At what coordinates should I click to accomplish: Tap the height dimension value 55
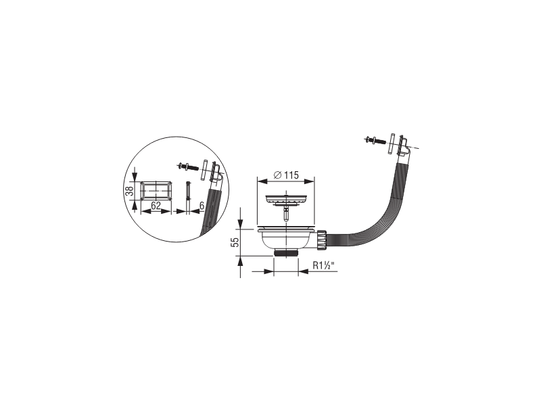[x=235, y=242]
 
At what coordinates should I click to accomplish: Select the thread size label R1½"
[x=324, y=265]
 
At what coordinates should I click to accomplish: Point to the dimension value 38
[x=129, y=191]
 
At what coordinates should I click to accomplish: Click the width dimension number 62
[x=156, y=206]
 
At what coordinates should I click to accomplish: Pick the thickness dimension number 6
[x=202, y=206]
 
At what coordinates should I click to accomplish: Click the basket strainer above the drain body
[x=286, y=200]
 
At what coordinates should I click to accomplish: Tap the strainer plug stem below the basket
[x=285, y=214]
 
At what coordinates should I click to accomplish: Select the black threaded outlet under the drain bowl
[x=285, y=253]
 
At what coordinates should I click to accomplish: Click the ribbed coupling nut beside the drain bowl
[x=323, y=239]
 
